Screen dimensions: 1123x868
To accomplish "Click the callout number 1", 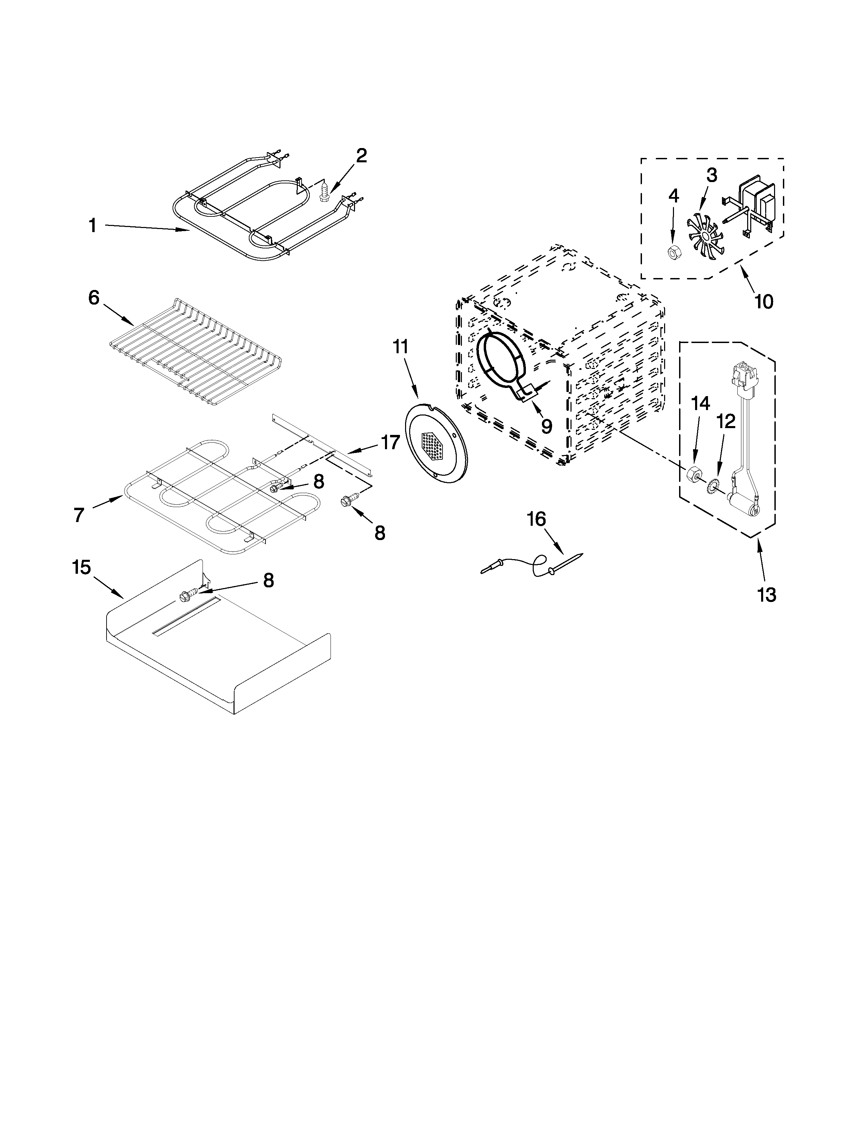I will pos(93,225).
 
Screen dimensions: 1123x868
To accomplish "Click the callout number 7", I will pos(79,515).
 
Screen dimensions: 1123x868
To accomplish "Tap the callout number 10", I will pos(763,301).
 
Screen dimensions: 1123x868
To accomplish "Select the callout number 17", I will pos(390,442).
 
